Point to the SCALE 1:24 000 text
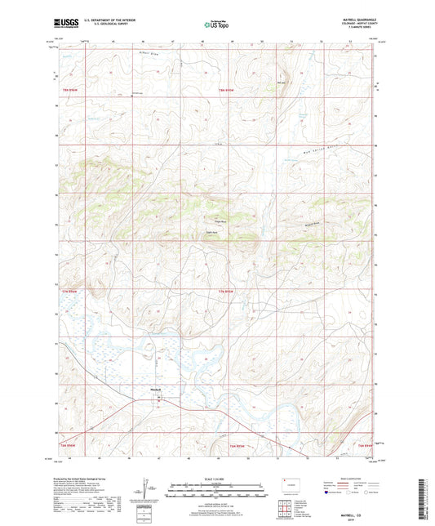[x=216, y=478]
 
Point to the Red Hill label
[x=282, y=82]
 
